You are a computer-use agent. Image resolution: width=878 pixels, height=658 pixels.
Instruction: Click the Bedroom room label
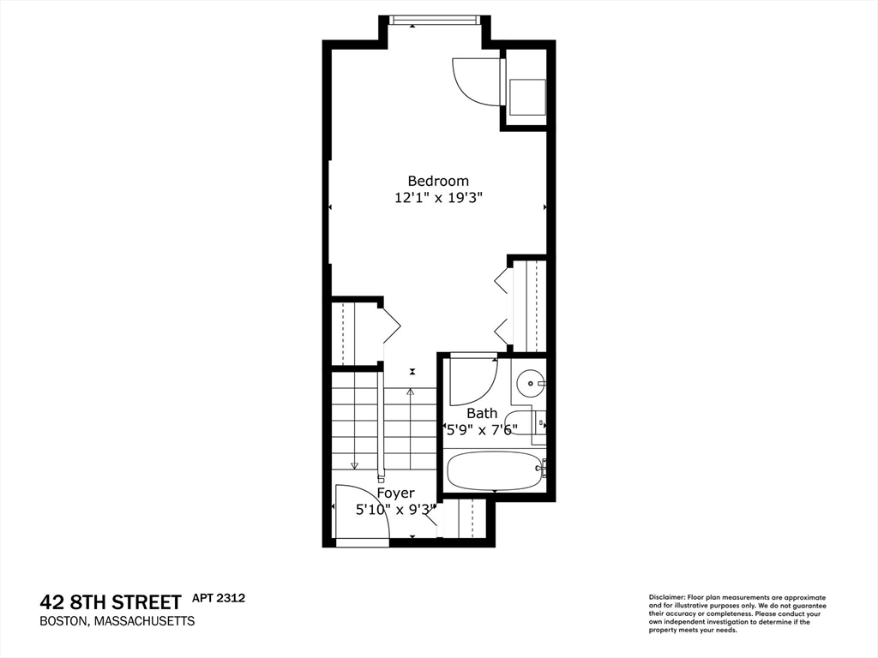(438, 181)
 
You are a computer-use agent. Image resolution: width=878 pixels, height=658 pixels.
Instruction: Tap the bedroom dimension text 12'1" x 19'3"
(438, 198)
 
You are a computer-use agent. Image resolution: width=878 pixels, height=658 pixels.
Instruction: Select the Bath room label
(482, 413)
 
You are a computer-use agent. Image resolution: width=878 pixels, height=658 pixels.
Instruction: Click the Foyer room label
(395, 493)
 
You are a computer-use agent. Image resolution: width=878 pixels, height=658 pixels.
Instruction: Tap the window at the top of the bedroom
(433, 20)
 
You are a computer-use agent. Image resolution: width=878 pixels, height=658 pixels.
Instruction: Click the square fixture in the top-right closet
(527, 96)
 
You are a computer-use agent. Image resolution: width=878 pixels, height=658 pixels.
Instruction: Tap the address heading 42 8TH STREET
(111, 601)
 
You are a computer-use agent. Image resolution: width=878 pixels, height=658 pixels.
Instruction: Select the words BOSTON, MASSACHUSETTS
(117, 621)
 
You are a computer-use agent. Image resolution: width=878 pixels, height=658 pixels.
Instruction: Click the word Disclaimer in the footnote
(665, 597)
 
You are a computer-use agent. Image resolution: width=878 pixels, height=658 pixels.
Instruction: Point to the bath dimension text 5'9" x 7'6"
(480, 429)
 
